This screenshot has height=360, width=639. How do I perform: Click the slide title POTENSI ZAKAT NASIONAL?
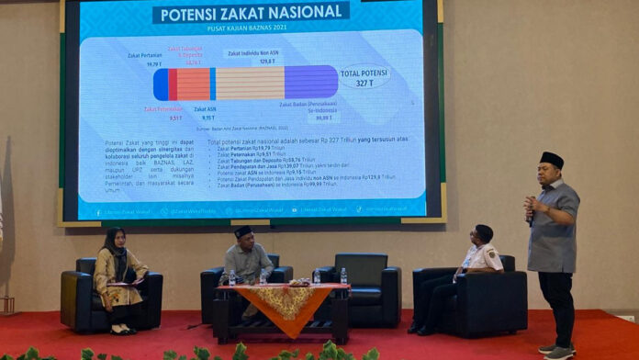[251, 13]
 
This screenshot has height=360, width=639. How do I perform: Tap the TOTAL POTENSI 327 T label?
[364, 77]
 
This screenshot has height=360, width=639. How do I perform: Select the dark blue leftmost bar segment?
[161, 84]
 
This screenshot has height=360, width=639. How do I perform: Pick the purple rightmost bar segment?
[311, 82]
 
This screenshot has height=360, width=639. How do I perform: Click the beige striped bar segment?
[250, 83]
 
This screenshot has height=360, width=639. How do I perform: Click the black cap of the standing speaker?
[552, 159]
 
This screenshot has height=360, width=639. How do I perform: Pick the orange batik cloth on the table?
[281, 303]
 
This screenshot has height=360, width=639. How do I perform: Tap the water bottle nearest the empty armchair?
[343, 276]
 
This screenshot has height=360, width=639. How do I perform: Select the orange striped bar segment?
[193, 84]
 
